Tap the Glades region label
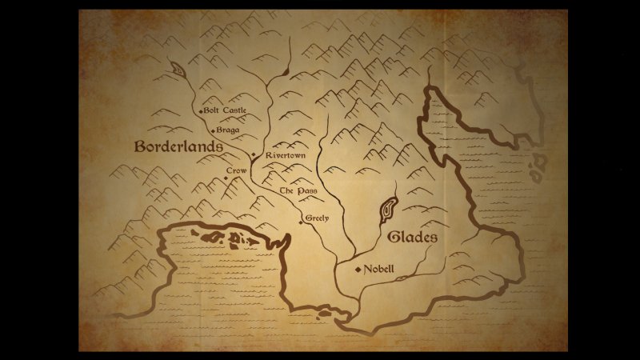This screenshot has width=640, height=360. click(412, 238)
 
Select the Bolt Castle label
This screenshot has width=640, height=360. click(226, 110)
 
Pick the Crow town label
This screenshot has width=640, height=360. click(236, 171)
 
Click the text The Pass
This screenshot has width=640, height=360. click(298, 191)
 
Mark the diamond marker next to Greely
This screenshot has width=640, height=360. click(301, 222)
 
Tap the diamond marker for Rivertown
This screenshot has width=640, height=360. click(253, 154)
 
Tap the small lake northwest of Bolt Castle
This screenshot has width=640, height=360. click(178, 70)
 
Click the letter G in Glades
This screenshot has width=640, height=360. click(393, 238)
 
